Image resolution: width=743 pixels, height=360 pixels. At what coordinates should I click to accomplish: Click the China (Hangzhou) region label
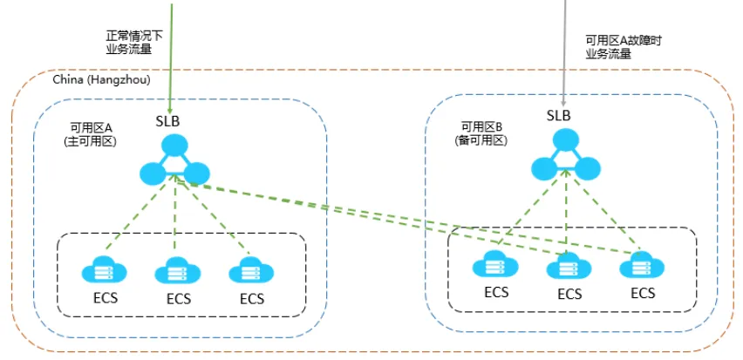click(x=101, y=80)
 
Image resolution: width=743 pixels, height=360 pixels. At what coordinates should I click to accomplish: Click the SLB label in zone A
click(x=167, y=121)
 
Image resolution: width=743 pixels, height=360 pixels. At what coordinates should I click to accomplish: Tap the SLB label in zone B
click(x=559, y=115)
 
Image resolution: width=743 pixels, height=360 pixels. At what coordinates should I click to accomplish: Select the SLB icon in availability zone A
click(x=174, y=160)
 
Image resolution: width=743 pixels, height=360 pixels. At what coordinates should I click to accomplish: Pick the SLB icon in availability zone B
click(x=566, y=155)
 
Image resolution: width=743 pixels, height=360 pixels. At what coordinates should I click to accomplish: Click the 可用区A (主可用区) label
click(x=91, y=134)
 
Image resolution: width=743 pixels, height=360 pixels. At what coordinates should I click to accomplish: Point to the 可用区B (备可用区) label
click(x=481, y=133)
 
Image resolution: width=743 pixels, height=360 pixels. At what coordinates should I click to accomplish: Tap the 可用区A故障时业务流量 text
click(x=624, y=47)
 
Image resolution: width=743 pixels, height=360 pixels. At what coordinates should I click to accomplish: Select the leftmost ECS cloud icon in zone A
click(x=105, y=270)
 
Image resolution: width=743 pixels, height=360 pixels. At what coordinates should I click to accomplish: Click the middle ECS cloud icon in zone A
click(x=178, y=271)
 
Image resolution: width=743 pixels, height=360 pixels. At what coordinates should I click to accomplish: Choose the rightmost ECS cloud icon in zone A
click(x=251, y=270)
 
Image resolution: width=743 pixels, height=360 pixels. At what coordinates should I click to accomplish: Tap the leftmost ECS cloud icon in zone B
click(x=495, y=264)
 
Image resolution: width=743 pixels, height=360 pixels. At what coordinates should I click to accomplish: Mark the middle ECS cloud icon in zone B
click(x=569, y=266)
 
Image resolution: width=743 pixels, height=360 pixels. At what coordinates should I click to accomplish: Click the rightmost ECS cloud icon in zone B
click(x=643, y=265)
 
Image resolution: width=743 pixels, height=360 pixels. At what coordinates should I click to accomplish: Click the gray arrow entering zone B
click(x=564, y=53)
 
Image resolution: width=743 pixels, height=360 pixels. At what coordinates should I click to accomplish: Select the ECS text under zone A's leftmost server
click(x=105, y=298)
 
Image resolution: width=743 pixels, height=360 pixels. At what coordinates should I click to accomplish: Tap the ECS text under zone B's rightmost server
click(x=643, y=293)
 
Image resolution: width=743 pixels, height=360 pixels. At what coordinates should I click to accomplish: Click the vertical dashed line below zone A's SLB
click(x=175, y=213)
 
